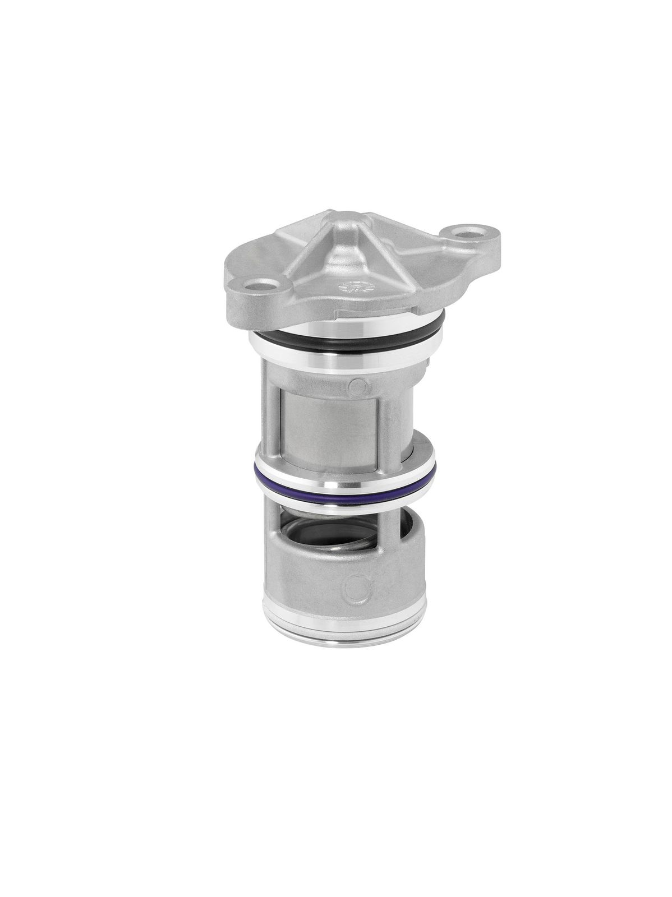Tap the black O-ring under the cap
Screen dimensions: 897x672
pos(314,343)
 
